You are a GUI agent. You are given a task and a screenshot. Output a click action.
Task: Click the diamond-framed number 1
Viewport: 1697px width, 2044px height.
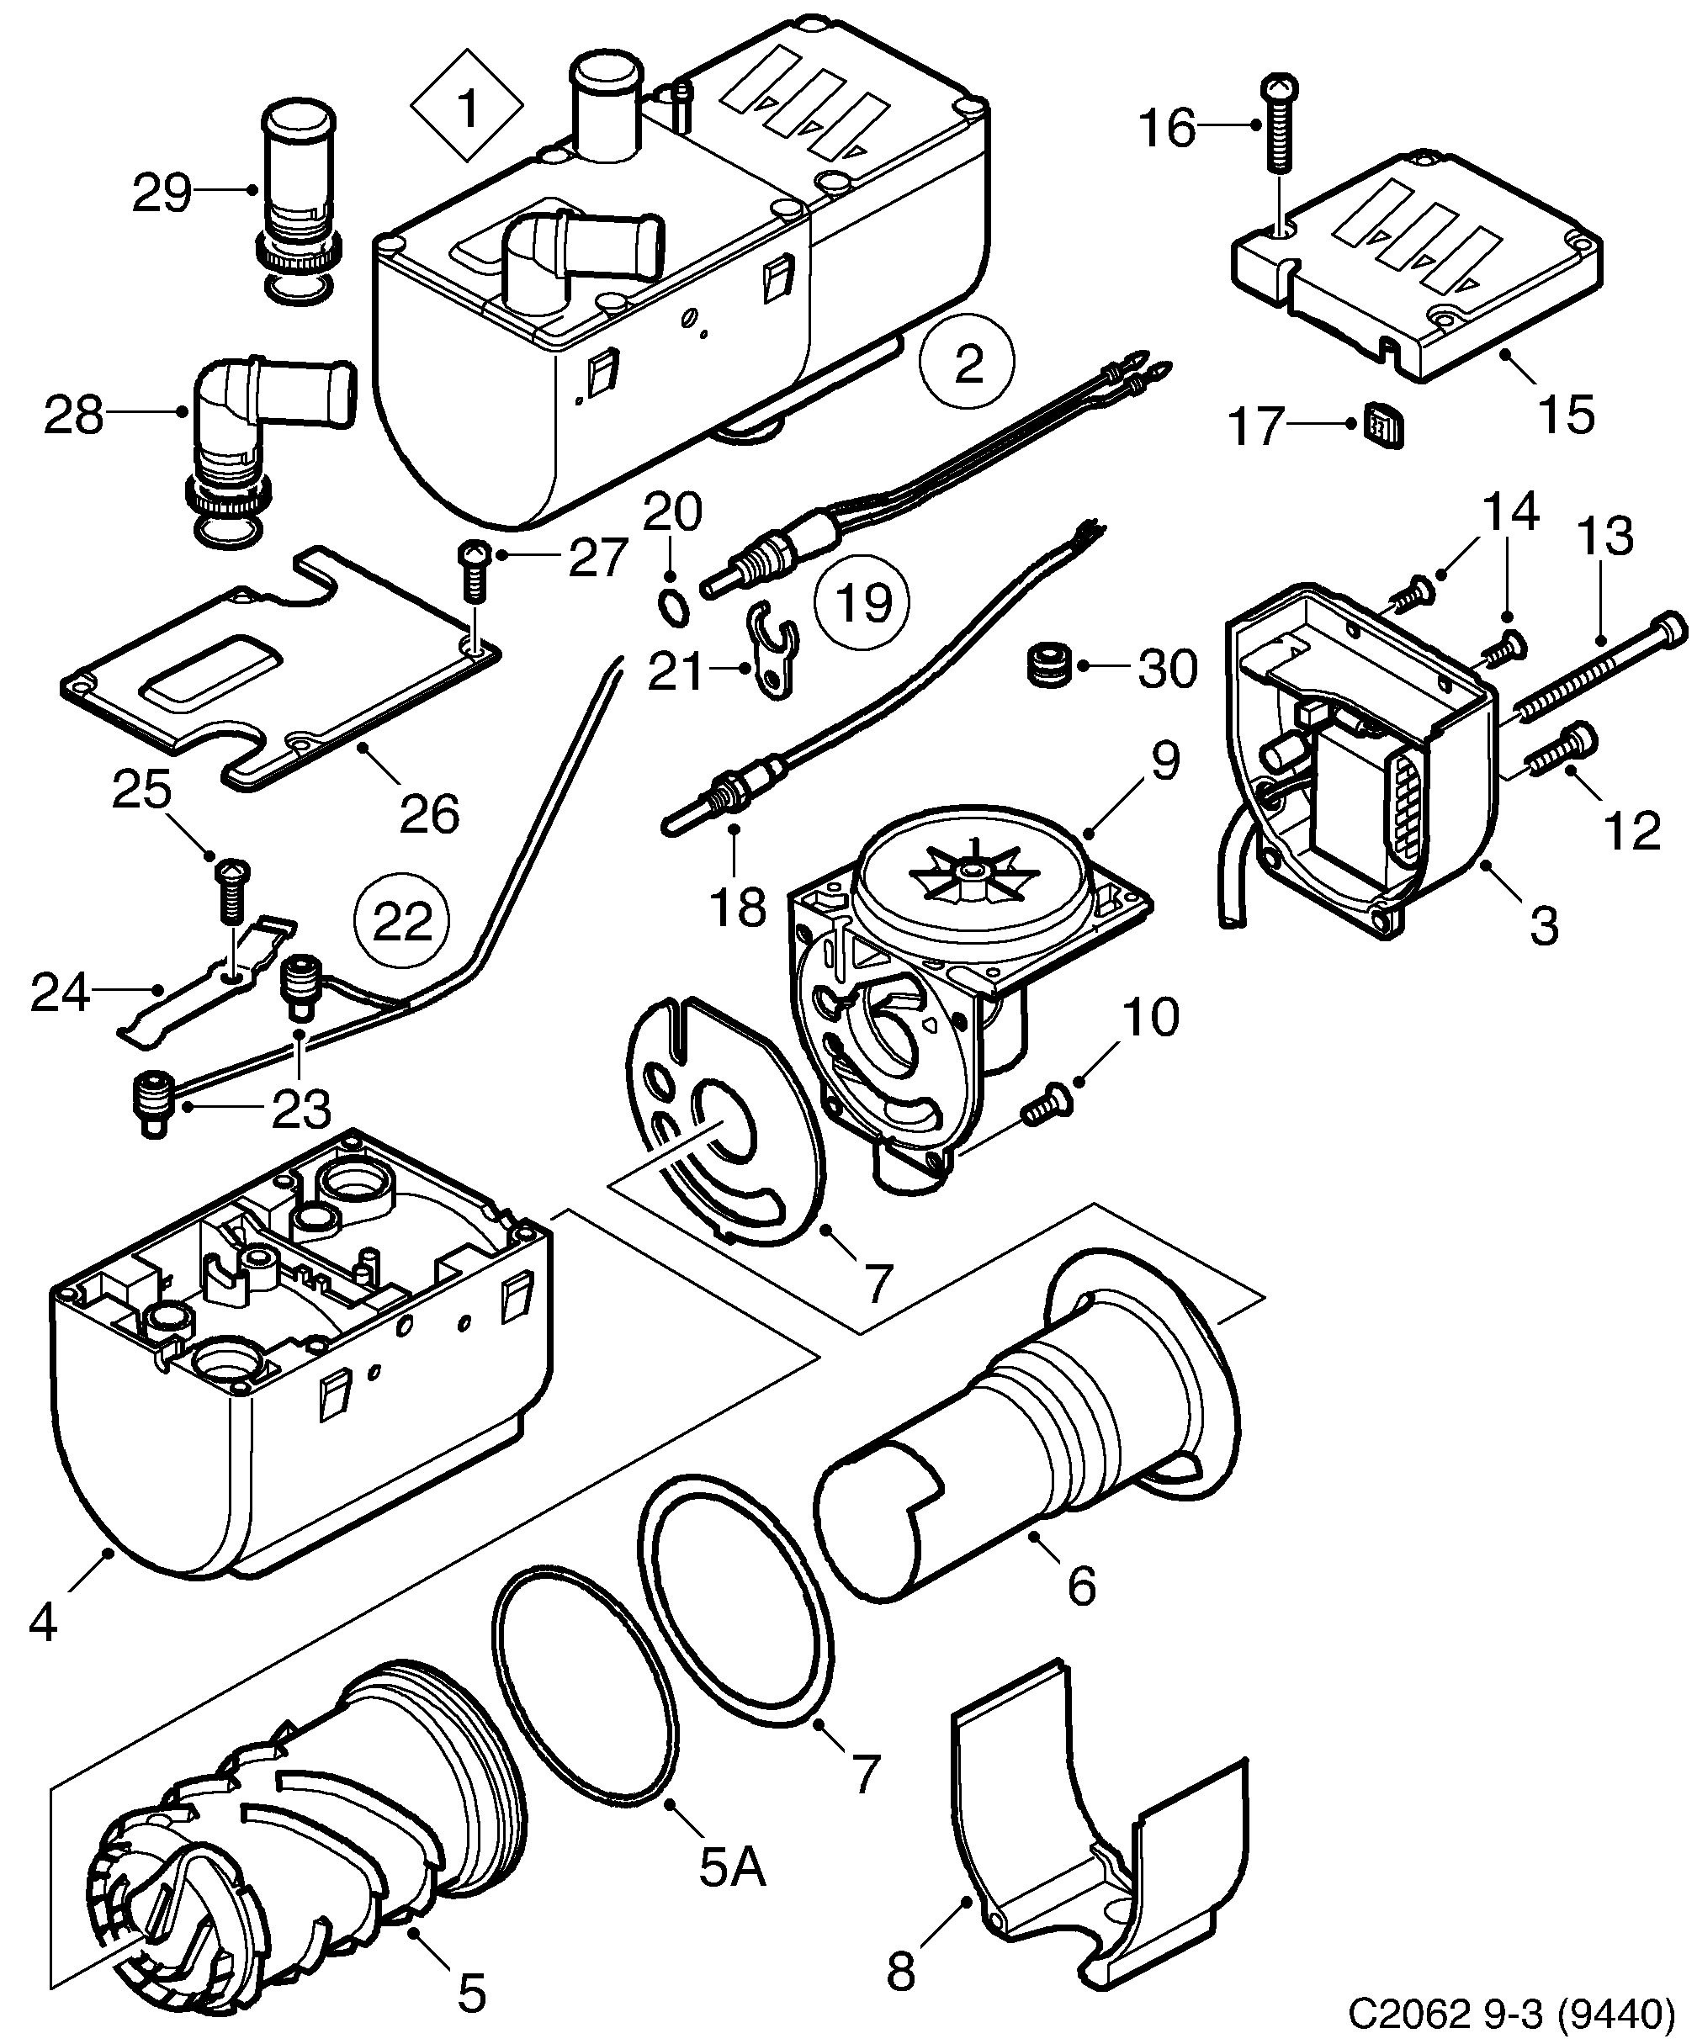click(467, 108)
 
